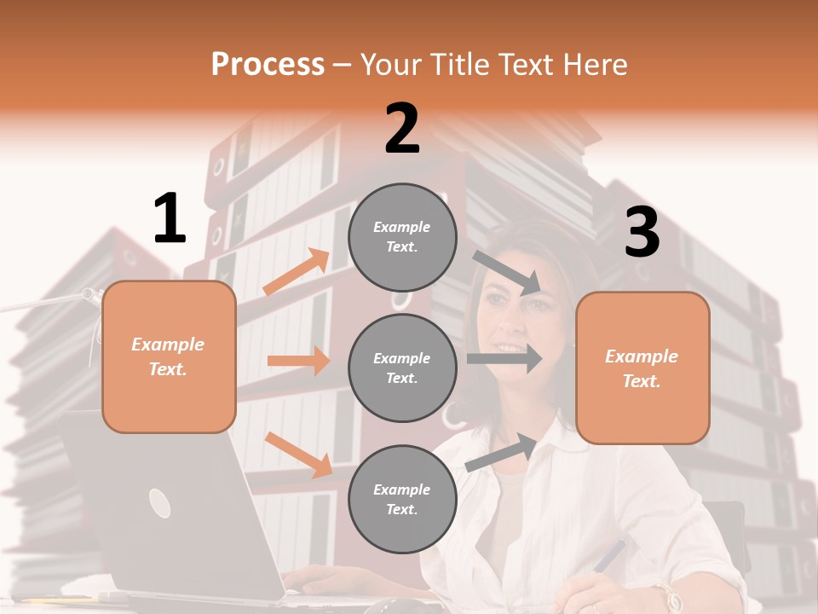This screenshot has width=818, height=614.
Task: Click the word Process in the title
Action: pos(268,65)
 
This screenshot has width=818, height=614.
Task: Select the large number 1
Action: pos(170,219)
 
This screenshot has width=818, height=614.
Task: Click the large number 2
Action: pos(402,129)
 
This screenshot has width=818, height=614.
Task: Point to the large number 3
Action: pos(642,232)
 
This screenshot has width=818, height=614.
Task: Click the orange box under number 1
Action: pos(169,356)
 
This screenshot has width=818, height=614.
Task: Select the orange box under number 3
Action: pos(642,368)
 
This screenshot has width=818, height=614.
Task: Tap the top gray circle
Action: pos(402,237)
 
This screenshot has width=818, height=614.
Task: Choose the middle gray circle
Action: pos(402,368)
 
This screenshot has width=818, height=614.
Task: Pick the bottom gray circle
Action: pos(402,499)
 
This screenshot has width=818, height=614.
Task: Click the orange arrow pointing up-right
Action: pos(297,272)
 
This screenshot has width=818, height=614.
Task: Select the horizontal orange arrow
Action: pos(298,361)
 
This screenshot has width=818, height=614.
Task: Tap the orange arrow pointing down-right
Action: pos(298,455)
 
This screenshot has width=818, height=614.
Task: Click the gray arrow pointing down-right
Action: pos(507,272)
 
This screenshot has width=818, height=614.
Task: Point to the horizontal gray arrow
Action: pos(504,359)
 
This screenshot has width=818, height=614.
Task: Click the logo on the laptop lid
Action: pos(159,503)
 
